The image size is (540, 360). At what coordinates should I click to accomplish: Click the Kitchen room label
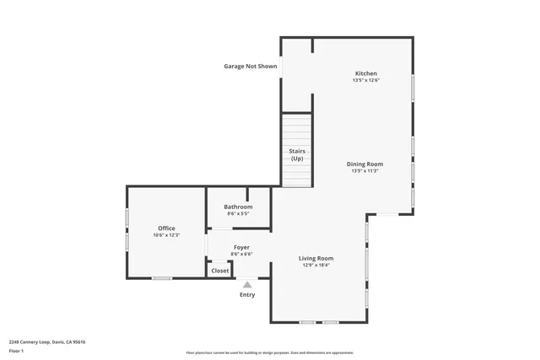[x=365, y=73]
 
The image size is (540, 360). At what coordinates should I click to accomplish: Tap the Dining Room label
[x=364, y=164]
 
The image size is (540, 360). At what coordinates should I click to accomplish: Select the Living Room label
[x=316, y=258]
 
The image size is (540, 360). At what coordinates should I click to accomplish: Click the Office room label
[x=166, y=228]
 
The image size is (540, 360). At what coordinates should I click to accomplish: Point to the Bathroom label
[x=238, y=207]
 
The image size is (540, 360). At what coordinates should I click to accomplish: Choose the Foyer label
[x=241, y=247]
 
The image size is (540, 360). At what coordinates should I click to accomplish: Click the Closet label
[x=219, y=271]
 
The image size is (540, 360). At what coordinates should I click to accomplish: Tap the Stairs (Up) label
[x=297, y=154]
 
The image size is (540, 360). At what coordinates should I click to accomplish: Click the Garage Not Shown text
[x=250, y=66]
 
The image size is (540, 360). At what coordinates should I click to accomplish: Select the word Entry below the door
[x=247, y=294]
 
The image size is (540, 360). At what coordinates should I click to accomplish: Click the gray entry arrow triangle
[x=247, y=285]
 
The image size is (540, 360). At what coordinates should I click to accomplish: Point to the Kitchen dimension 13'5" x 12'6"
[x=365, y=81]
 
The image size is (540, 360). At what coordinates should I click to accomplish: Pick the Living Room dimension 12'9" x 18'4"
[x=316, y=265]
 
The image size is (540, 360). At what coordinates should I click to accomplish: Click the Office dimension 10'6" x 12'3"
[x=166, y=235]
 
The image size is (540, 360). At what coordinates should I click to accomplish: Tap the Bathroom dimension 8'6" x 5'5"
[x=238, y=213]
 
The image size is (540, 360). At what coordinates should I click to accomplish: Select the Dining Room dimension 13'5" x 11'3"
[x=364, y=171]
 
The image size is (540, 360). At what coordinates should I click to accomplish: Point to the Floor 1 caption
[x=17, y=350]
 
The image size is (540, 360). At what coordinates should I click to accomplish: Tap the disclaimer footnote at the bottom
[x=270, y=353]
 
